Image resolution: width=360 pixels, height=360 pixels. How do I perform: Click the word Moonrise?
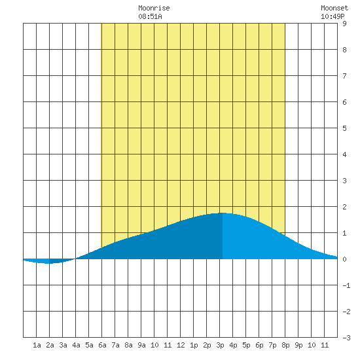154,8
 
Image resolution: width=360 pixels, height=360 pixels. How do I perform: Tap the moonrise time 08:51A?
150,16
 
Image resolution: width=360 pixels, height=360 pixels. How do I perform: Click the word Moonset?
334,8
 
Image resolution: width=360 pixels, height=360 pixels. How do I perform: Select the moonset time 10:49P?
333,16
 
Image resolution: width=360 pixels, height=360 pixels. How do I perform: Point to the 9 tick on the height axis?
344,24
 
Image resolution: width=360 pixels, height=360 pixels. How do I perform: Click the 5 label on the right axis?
344,128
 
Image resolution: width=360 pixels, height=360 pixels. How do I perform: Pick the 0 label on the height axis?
344,259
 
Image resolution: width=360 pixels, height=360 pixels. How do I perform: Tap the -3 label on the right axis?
346,338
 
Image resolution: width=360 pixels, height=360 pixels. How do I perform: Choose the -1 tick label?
346,285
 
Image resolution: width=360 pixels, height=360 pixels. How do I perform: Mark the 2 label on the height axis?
344,207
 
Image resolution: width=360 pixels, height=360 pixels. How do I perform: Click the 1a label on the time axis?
37,345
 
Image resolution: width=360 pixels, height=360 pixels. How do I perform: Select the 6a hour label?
102,345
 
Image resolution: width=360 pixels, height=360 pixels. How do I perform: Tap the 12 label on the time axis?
181,345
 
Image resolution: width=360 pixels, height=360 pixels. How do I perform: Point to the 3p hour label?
220,345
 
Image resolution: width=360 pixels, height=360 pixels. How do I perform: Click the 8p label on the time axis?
285,345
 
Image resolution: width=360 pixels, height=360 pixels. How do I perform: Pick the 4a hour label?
76,345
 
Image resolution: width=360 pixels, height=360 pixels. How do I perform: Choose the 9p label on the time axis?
298,345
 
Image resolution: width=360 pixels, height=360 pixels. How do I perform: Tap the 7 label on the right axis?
344,76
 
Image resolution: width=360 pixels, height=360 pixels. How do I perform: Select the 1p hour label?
194,345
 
